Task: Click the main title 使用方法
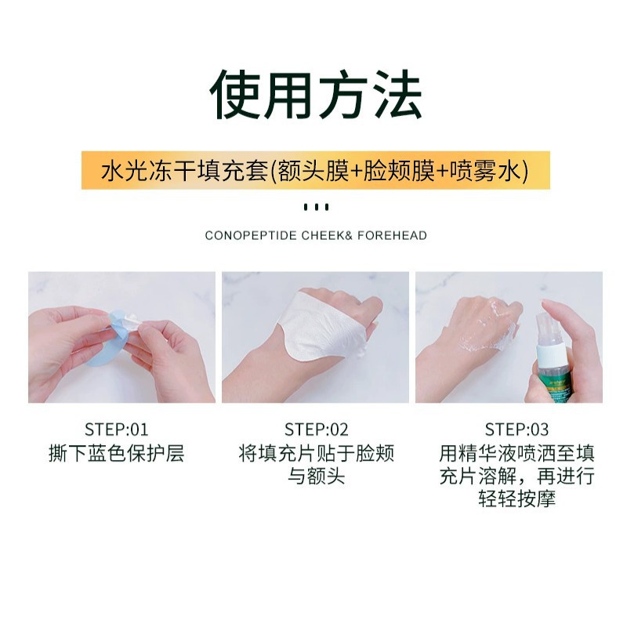(316, 95)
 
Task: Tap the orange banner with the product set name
(316, 170)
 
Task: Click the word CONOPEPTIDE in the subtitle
(251, 236)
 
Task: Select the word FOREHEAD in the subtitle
(392, 236)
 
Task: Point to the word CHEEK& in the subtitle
(327, 236)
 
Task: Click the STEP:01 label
(116, 429)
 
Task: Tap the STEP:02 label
(317, 429)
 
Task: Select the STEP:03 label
(516, 429)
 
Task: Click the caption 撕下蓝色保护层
(116, 454)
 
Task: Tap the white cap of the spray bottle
(549, 353)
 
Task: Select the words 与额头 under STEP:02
(317, 477)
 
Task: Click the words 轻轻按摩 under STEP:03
(516, 499)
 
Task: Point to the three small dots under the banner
(316, 207)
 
